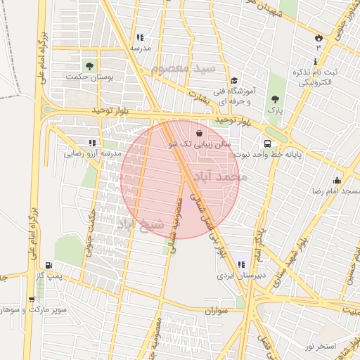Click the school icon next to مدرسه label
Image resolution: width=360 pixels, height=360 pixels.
(140, 37)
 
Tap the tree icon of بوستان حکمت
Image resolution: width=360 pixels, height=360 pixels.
(88, 65)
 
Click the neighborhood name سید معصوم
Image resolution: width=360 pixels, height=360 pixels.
(184, 70)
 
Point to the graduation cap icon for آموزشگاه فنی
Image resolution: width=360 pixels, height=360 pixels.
(234, 81)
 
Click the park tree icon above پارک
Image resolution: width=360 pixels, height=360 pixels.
(274, 99)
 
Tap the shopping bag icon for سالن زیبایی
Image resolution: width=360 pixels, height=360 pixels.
(200, 132)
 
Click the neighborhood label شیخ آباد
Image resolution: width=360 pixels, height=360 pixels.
(140, 224)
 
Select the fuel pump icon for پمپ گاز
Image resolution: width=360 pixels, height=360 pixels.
(48, 265)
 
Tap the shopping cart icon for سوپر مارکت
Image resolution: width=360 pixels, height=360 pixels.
(31, 300)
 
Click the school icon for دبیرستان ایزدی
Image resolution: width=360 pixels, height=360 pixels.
(241, 264)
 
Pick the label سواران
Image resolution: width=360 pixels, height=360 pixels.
(217, 310)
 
